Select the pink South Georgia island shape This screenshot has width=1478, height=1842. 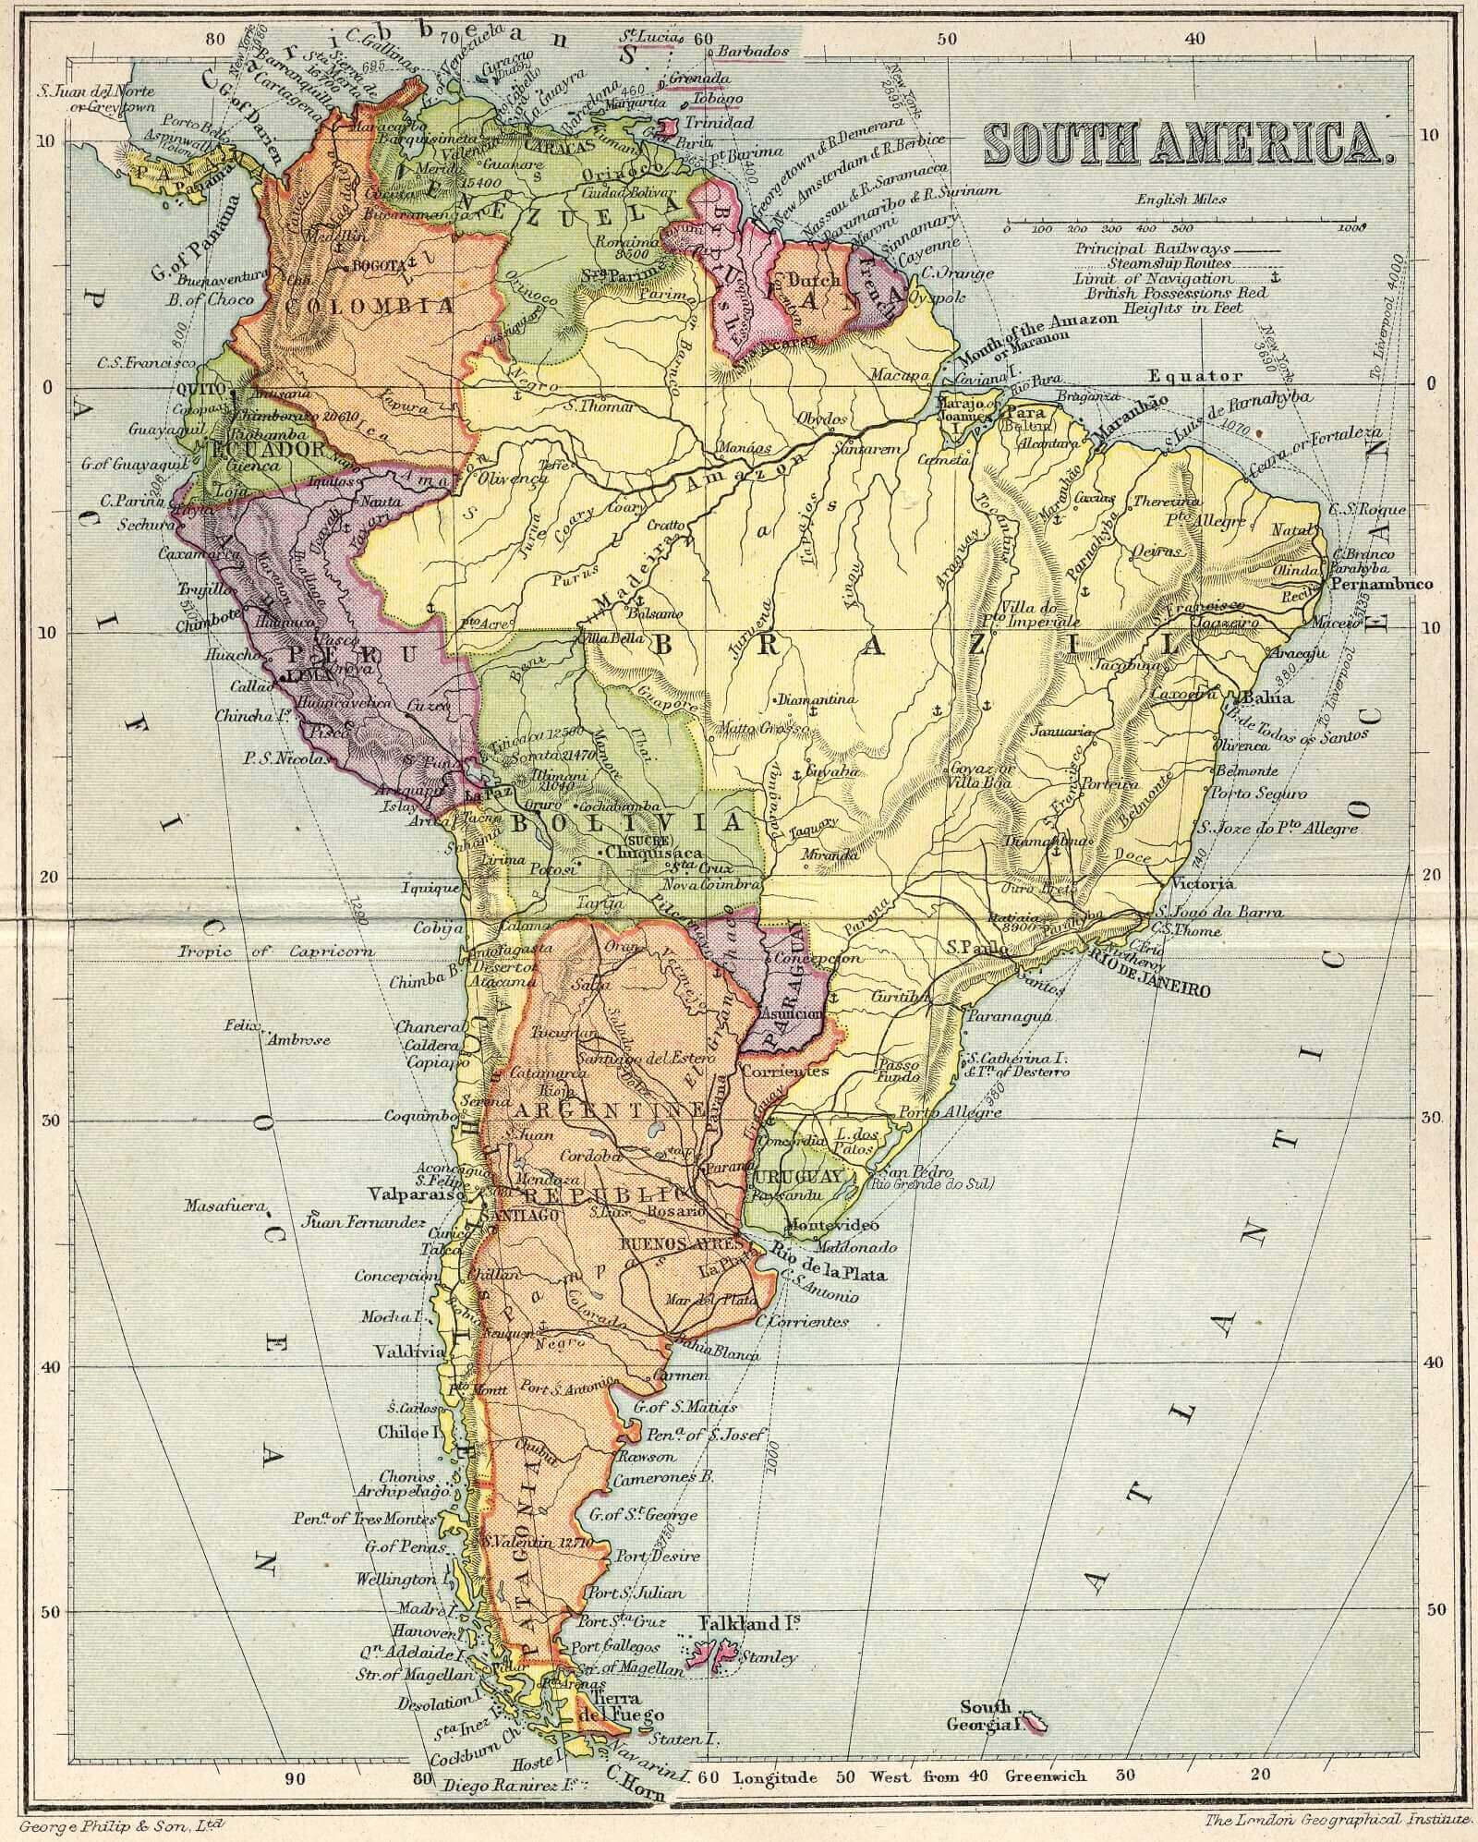point(1039,1721)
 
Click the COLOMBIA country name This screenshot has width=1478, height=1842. point(369,306)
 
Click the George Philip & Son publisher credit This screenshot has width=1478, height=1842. point(120,1824)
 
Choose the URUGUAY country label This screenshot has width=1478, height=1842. point(799,1177)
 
